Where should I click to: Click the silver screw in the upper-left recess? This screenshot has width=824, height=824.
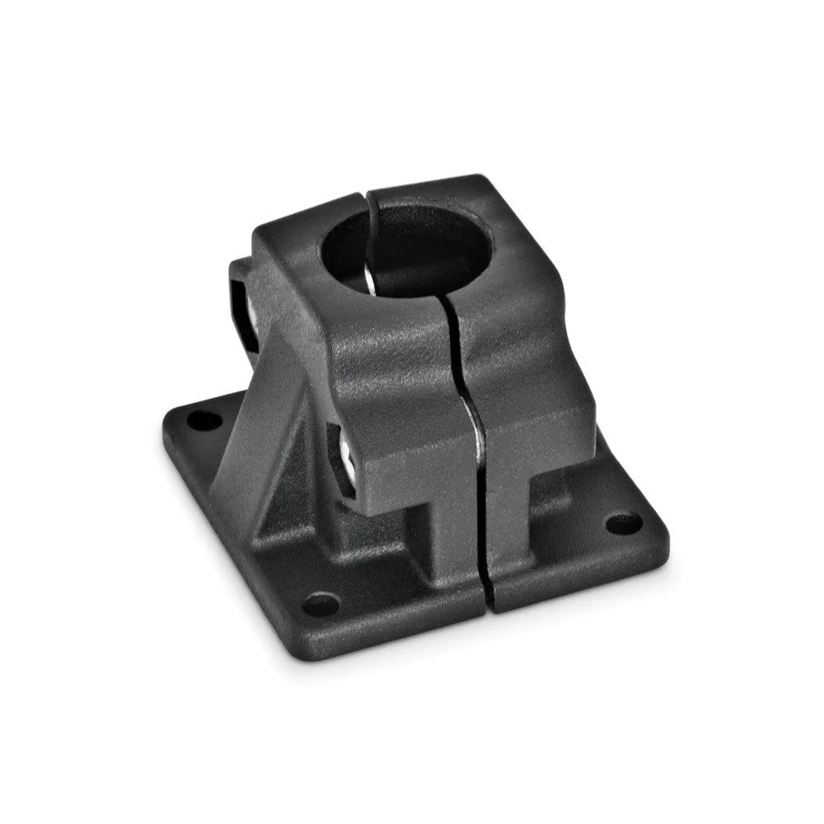pyautogui.click(x=248, y=304)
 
